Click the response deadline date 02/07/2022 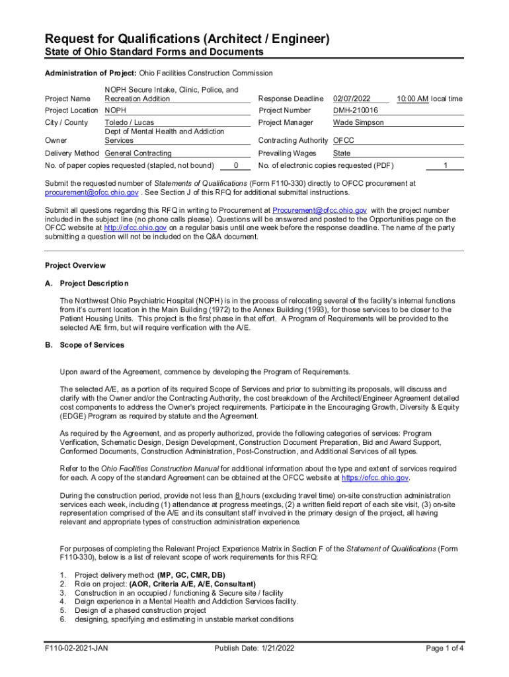pos(350,99)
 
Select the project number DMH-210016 pos(356,110)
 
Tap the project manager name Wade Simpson pos(358,122)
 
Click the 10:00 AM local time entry pos(430,99)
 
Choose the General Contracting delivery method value pos(138,153)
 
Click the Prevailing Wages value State pos(342,153)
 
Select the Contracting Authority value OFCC pos(344,140)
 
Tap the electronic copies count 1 pos(446,165)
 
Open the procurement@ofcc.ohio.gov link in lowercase pos(91,192)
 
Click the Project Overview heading pos(75,266)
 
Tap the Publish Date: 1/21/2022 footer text pos(254,648)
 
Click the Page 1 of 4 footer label pos(445,648)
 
